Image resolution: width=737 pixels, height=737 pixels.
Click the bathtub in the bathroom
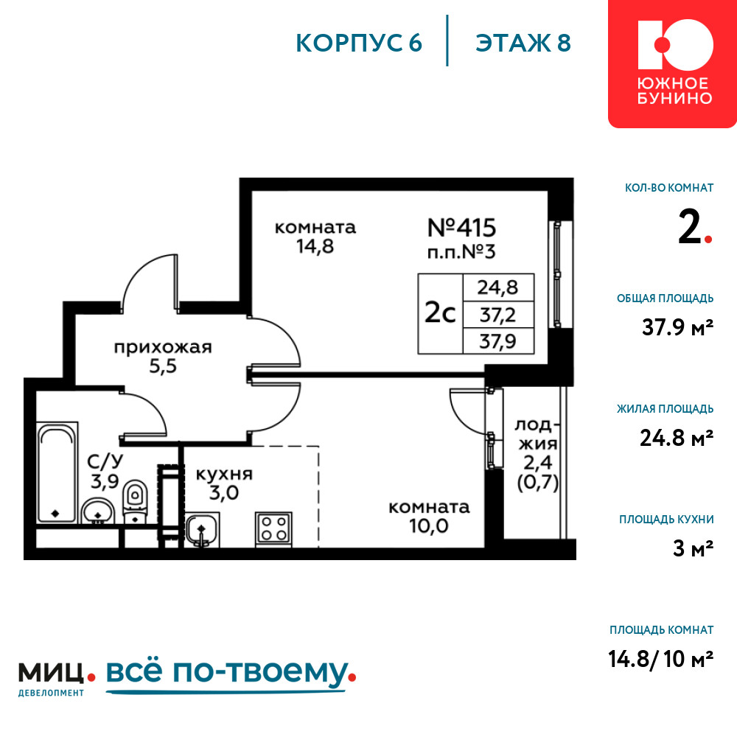click(57, 473)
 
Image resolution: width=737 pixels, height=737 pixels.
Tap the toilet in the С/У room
click(135, 501)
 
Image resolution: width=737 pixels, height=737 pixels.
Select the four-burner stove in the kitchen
click(273, 528)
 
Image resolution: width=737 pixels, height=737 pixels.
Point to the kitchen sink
click(202, 530)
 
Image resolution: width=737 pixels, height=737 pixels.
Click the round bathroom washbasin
click(98, 511)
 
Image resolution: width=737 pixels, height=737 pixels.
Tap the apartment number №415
click(461, 228)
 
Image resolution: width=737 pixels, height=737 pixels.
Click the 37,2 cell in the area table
click(497, 315)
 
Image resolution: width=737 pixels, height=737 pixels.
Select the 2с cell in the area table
click(441, 313)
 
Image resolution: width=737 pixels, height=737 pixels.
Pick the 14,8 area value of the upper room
click(315, 246)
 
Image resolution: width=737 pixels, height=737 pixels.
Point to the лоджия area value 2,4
click(538, 463)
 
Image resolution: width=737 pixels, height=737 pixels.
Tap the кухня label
click(224, 474)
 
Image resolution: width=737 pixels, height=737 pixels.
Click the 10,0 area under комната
click(429, 526)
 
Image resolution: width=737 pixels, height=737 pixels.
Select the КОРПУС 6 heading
click(359, 43)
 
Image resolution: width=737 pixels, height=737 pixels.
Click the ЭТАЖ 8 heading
click(523, 43)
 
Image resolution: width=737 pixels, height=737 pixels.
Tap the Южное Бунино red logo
click(673, 63)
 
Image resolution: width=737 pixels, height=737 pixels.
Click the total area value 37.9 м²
click(677, 327)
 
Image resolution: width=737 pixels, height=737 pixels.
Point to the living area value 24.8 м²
click(677, 438)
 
